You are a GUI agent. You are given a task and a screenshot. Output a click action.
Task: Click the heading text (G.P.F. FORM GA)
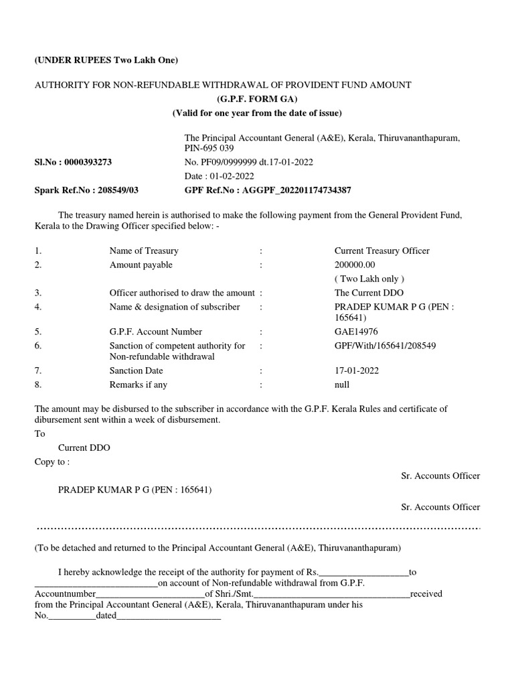(256, 99)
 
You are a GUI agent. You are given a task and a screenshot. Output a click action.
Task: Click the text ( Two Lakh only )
(369, 279)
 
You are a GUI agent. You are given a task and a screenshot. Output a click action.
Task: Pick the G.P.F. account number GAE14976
(355, 332)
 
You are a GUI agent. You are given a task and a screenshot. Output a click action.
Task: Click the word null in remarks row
(342, 385)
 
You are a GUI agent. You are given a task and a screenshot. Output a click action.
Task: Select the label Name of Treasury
(144, 251)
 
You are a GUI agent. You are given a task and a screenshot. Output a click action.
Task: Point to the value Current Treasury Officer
(381, 251)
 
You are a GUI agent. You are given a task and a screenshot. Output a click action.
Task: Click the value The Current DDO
(369, 293)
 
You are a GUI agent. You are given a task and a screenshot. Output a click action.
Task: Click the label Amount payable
(141, 265)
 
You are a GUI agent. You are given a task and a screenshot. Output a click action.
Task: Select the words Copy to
(51, 462)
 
